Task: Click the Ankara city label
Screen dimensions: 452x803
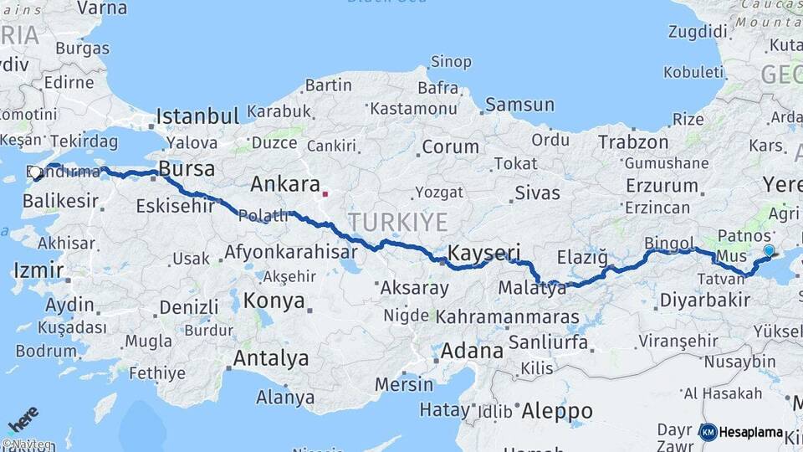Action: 285,184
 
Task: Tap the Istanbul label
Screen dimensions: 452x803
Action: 197,116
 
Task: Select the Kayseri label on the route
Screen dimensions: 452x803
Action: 484,252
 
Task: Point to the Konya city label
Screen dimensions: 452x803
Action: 274,301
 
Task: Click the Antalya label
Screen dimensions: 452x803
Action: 271,358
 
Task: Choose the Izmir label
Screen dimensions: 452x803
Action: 38,270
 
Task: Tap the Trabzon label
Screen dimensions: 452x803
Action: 632,142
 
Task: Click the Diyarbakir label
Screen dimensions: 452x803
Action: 703,300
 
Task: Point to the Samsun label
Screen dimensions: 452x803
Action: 519,105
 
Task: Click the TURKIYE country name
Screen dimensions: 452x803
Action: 397,222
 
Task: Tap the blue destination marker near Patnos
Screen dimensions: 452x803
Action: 769,250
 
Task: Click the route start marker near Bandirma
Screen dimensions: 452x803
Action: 36,172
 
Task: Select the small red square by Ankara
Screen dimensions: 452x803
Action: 325,194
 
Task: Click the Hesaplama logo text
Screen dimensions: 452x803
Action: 751,433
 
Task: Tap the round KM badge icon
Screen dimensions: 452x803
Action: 708,432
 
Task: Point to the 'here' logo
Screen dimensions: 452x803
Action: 23,418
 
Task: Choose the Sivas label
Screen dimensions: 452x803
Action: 537,193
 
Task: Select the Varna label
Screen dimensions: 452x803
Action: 102,8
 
